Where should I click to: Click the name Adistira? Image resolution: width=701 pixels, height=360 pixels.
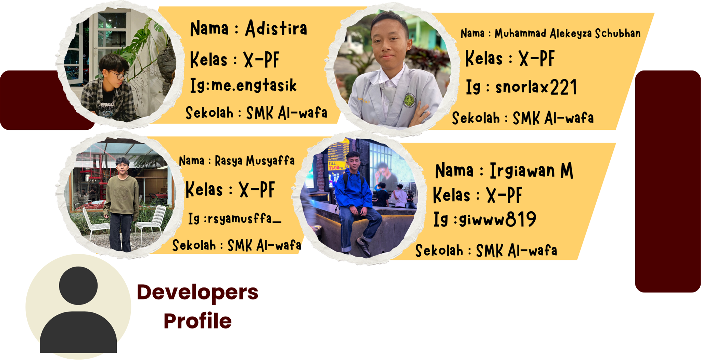[276, 28]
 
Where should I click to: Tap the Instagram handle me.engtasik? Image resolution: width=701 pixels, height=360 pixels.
[254, 85]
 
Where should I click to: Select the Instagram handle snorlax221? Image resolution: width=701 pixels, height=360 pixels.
[536, 87]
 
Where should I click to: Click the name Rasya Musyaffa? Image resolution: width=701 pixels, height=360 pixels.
[255, 160]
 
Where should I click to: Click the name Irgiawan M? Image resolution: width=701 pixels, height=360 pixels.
[531, 170]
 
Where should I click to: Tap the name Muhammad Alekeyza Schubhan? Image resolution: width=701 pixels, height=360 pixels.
[568, 33]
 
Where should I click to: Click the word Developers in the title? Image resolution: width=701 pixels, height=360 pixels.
[197, 293]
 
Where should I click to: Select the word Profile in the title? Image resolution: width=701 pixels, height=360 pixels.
[197, 321]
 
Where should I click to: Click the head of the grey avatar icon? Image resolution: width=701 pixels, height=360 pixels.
[78, 286]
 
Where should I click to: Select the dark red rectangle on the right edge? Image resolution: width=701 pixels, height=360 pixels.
[668, 181]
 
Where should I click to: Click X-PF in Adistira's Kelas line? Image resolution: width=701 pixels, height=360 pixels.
[262, 60]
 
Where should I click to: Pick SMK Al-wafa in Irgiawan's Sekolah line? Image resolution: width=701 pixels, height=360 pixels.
[517, 250]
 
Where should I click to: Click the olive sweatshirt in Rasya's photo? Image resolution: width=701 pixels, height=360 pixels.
[121, 195]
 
